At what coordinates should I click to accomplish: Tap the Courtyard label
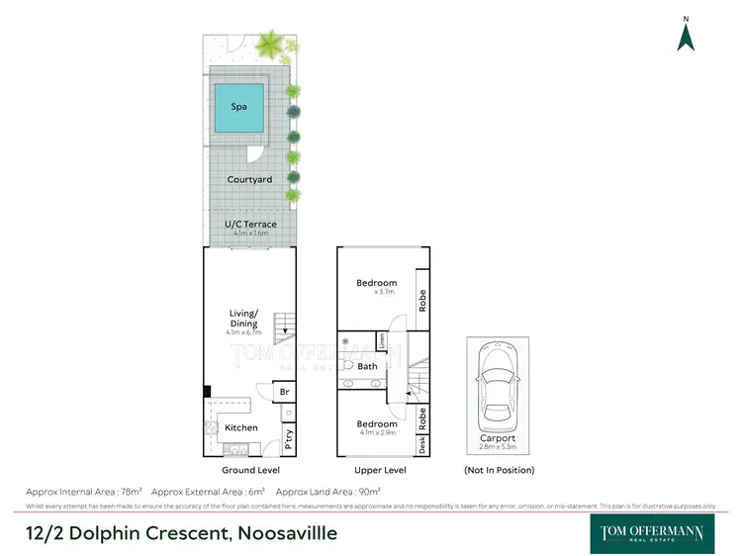tap(249, 179)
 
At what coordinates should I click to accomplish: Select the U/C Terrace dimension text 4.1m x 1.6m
tap(249, 234)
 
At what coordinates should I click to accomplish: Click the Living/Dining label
tap(243, 318)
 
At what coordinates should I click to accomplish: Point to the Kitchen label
tap(240, 427)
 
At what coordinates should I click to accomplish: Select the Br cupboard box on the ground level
tap(285, 392)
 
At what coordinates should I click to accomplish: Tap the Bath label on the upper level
tap(368, 366)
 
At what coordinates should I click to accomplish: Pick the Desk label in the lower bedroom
tap(421, 445)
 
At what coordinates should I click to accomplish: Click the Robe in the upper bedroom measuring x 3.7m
tap(421, 300)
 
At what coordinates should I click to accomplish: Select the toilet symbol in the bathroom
tap(348, 365)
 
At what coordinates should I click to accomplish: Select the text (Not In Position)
tap(499, 470)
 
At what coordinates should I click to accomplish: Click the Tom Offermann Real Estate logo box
tap(652, 533)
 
